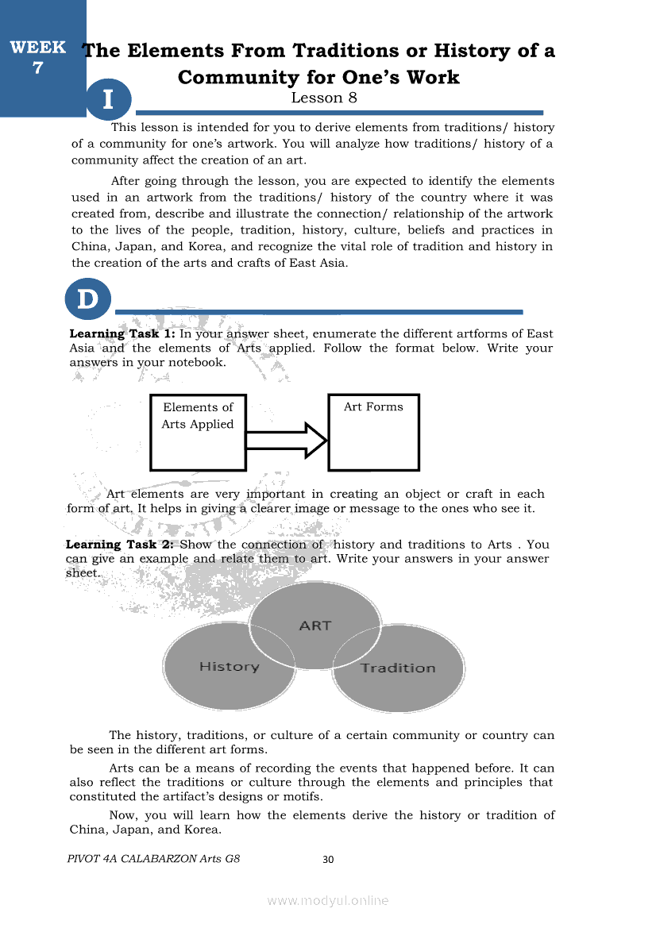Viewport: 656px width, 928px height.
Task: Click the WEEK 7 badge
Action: coord(37,57)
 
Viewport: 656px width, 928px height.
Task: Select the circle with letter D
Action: coord(87,300)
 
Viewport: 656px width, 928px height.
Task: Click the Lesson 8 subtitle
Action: coord(324,98)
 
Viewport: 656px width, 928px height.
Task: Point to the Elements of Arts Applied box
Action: coord(198,432)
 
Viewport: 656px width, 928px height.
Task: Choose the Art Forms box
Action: coord(373,432)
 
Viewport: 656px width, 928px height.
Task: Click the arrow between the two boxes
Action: coord(287,439)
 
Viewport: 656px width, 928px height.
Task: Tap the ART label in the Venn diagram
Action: coord(315,626)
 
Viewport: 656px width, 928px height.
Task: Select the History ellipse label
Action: coord(229,666)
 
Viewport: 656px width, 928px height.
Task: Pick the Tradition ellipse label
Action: coord(398,668)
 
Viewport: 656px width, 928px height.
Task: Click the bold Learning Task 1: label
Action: coord(122,334)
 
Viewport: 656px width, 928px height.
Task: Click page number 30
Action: coord(329,859)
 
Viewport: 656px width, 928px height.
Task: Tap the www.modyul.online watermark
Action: coord(328,900)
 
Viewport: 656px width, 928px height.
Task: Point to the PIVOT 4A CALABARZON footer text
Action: coord(154,858)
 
